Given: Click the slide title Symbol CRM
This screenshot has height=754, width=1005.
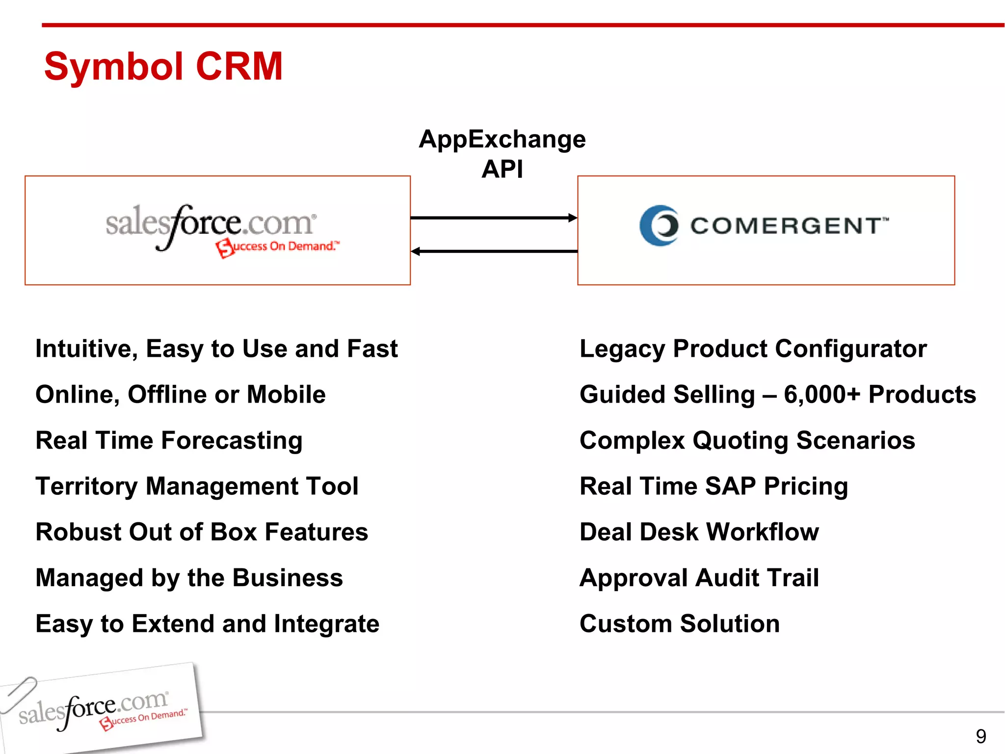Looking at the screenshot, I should [163, 66].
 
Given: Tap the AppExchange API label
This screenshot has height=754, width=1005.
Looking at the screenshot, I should [502, 154].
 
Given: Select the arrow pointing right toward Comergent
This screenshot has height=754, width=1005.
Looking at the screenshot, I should [493, 217].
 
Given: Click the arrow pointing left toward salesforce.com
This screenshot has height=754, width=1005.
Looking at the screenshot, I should [493, 251].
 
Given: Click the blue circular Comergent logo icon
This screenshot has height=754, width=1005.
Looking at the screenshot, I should [660, 225].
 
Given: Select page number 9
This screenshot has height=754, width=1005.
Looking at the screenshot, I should [980, 736].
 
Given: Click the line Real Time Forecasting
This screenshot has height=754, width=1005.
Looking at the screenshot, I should [169, 440].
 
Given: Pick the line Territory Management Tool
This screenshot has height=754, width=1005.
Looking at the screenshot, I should [197, 486].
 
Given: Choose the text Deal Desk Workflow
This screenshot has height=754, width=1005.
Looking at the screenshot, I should [699, 532].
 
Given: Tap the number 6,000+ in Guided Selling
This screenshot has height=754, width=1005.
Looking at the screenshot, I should [822, 395].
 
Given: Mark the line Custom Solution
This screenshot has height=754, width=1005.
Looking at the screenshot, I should [679, 623].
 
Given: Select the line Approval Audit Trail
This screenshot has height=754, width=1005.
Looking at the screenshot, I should [699, 578].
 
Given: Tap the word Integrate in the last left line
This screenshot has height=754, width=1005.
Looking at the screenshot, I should [326, 624].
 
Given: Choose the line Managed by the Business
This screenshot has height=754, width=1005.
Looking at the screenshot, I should [189, 578].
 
